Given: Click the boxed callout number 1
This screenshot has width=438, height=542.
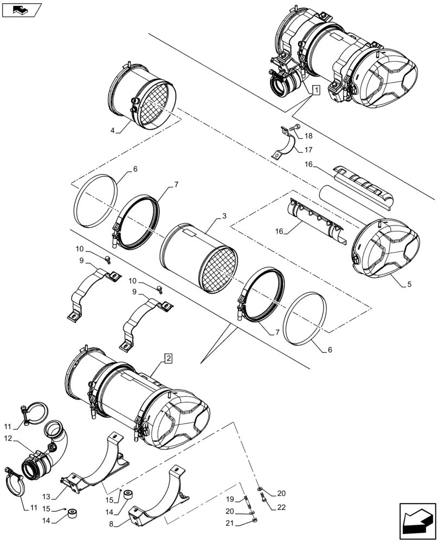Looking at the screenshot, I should tap(315, 91).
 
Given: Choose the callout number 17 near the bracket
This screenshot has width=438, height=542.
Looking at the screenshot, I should tap(308, 150).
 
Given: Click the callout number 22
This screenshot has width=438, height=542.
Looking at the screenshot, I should tap(280, 507).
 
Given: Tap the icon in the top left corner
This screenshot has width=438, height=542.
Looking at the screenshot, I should tap(21, 9).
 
